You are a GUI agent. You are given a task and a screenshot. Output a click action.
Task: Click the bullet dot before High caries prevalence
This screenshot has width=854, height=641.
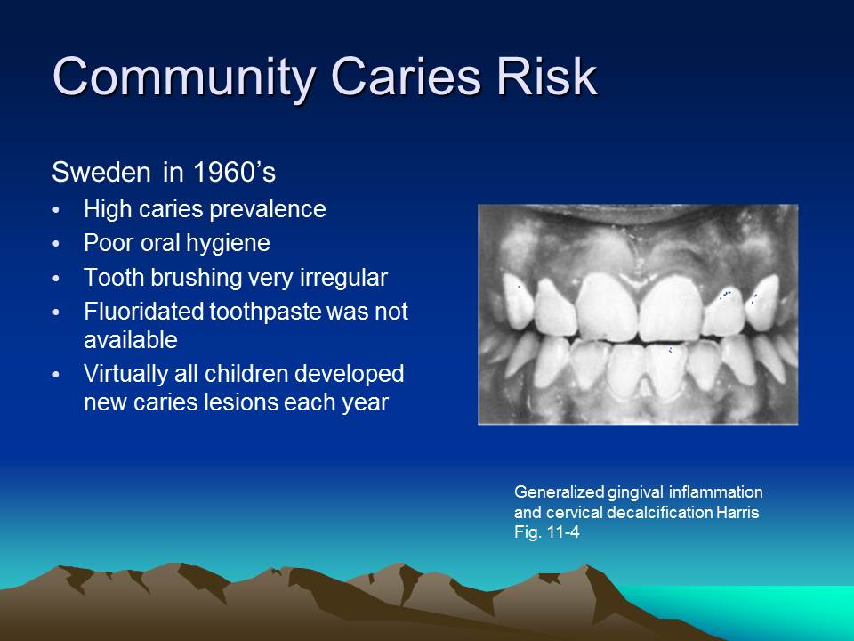[58, 212]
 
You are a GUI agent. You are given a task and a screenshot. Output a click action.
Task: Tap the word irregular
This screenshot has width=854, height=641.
[341, 278]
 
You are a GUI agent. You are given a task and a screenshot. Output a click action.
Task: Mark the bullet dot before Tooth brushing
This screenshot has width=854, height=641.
[58, 280]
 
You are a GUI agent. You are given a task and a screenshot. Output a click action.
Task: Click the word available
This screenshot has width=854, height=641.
[130, 339]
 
